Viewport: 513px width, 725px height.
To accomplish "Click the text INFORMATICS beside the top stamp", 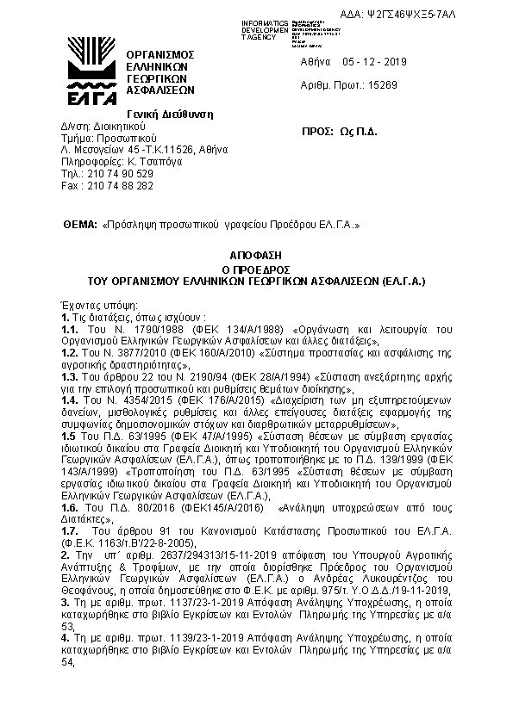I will click(x=265, y=22).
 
